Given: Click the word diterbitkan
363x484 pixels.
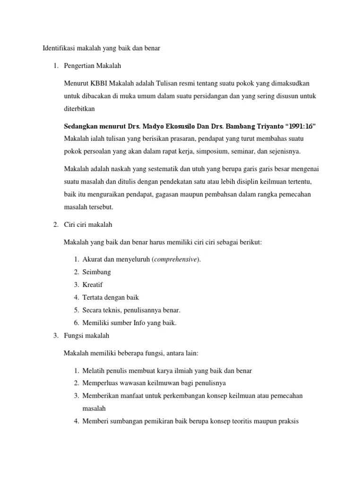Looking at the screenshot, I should tap(79, 109).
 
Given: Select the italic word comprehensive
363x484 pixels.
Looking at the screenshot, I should tap(176, 259).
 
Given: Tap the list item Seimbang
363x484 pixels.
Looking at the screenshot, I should tap(97, 272).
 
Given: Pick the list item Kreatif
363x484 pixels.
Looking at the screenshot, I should tap(93, 285).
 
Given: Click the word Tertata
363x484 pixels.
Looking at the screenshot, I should tap(94, 298).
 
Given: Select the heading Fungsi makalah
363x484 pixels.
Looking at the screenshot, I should tap(87, 336).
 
